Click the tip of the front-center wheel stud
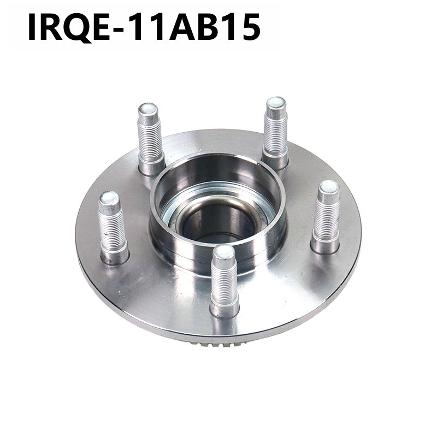[224, 253]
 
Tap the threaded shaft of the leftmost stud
[113, 227]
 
